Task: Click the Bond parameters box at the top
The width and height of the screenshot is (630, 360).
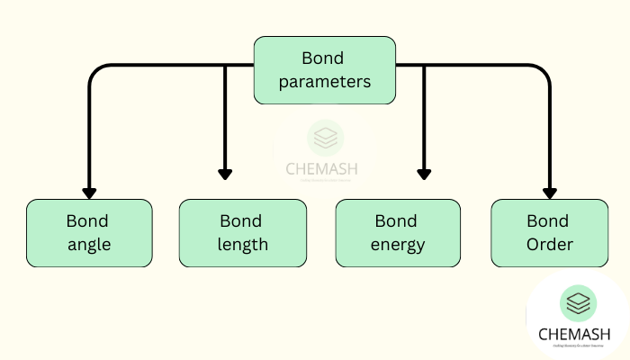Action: (324, 69)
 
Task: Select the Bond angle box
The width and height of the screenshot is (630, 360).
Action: (89, 232)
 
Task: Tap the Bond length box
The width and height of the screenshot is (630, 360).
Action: (242, 232)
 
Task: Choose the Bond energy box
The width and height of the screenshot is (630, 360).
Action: (397, 232)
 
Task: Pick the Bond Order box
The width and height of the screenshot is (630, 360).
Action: (549, 232)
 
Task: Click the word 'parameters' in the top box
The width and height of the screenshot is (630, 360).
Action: (324, 82)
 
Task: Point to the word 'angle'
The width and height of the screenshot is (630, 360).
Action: (88, 244)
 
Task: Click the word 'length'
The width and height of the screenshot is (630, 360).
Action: (242, 244)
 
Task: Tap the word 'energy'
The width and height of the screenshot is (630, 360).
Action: (397, 244)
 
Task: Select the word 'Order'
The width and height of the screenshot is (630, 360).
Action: (549, 244)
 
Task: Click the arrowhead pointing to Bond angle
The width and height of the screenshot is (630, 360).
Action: (89, 192)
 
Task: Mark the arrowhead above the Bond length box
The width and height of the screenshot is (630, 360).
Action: (225, 172)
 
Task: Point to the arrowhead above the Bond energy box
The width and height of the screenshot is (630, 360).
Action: (423, 172)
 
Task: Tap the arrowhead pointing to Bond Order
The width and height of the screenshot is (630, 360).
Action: (549, 192)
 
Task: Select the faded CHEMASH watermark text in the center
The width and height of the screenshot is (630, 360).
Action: (324, 168)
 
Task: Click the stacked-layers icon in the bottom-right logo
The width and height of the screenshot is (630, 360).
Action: (578, 303)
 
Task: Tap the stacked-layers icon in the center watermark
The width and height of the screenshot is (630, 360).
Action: (324, 138)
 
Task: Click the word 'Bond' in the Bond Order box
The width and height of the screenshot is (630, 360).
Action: (549, 220)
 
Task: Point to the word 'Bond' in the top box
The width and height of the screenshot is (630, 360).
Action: (324, 58)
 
